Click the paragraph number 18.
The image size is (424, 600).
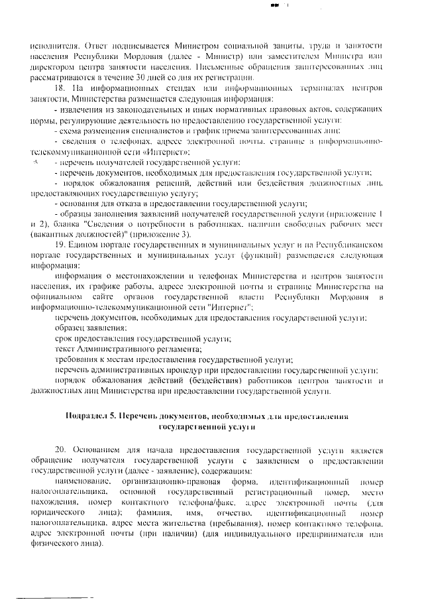[x=58, y=88]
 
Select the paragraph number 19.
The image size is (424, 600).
[x=58, y=245]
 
